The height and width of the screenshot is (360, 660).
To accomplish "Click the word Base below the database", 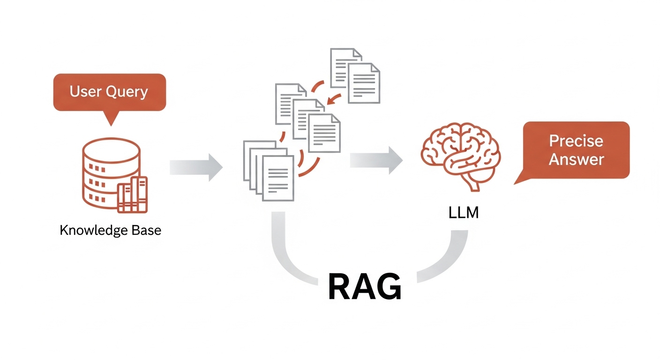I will click(145, 231).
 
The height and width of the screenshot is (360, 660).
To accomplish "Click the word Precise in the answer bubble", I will click(576, 141).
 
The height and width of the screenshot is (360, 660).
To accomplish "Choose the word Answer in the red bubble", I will click(576, 159).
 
